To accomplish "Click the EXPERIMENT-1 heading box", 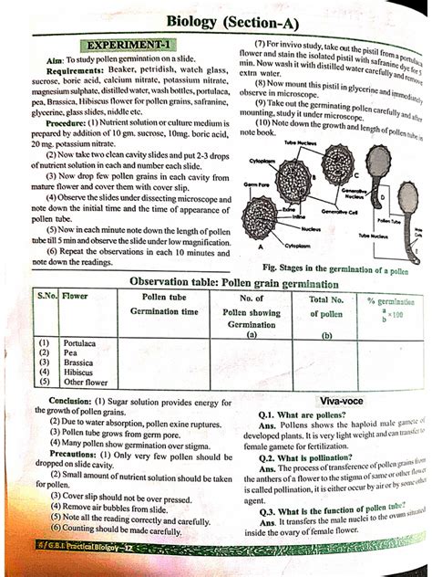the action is pos(130,44).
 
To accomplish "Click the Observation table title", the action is pos(221,283).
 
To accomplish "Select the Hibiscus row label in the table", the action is pos(77,372).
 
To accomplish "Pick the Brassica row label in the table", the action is pos(77,362).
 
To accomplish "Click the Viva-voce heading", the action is pos(343,401).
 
